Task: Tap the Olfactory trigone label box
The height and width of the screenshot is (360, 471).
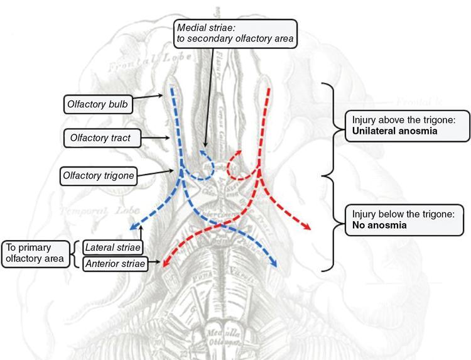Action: pos(99,175)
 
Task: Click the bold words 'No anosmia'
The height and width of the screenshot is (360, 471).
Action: pos(372,225)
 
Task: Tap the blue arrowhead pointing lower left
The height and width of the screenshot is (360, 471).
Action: pos(134,227)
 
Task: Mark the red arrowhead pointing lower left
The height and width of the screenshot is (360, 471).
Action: pos(166,265)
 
